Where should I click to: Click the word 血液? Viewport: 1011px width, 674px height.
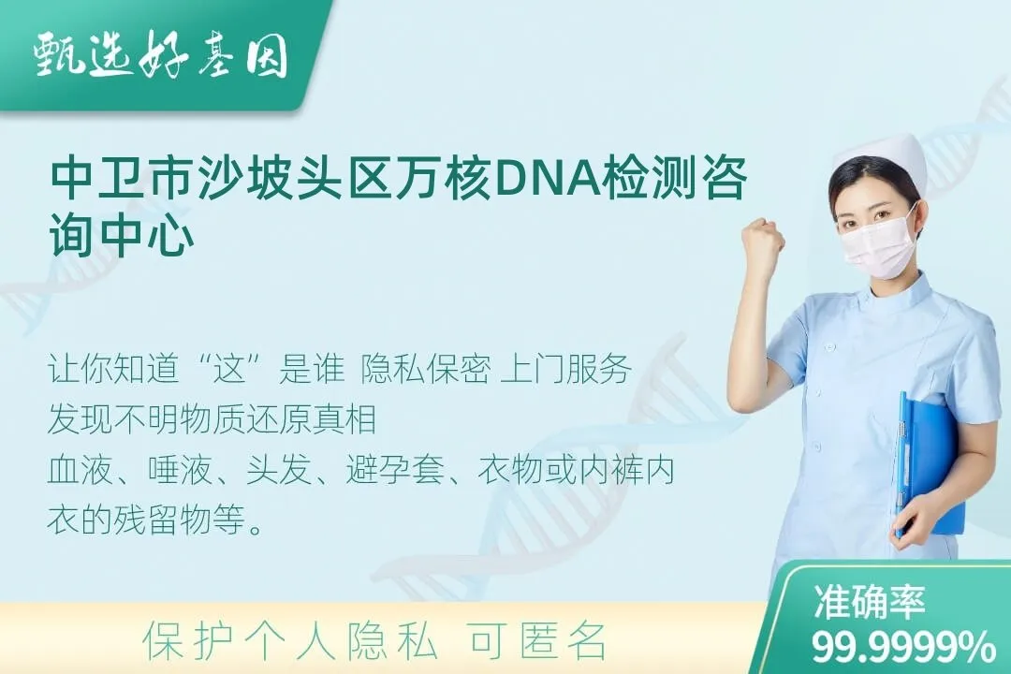tap(74, 470)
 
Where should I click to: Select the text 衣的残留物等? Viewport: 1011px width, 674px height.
tap(154, 520)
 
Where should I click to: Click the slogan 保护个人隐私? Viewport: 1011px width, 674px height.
tap(290, 641)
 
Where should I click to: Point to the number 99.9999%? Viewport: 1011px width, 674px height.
tap(903, 646)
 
